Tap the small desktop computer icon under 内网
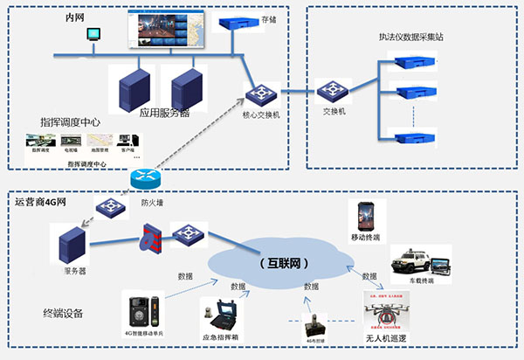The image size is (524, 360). pyautogui.click(x=92, y=35)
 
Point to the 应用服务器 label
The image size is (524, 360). pyautogui.click(x=165, y=113)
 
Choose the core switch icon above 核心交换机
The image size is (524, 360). pyautogui.click(x=261, y=93)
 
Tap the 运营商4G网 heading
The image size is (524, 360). pyautogui.click(x=39, y=202)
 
